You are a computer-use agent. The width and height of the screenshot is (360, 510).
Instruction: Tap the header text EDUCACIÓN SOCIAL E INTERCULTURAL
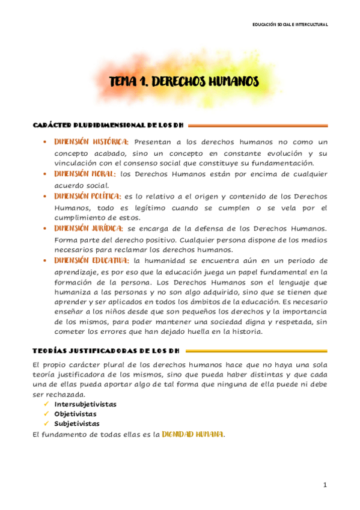coord(290,24)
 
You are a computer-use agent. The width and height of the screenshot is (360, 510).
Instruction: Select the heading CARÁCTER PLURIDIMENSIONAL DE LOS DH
coord(108,126)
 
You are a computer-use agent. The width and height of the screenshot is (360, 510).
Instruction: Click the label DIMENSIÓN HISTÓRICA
coord(91,142)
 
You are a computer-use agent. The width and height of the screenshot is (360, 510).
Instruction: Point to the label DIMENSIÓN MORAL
coord(85,174)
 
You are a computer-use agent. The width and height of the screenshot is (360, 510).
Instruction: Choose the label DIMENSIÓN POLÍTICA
coord(88,196)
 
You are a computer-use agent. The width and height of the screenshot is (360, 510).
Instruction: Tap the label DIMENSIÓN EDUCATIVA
coord(91,260)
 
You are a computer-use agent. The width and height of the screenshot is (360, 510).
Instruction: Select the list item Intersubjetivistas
coord(85,404)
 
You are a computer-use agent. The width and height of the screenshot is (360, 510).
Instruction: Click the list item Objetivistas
coord(75,414)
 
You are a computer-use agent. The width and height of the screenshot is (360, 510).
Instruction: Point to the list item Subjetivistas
coord(76,423)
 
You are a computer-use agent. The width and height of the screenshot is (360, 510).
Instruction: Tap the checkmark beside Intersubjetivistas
coord(46,404)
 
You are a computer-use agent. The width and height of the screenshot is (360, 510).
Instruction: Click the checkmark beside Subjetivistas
coord(46,423)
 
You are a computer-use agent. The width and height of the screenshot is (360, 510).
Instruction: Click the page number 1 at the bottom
coord(325,485)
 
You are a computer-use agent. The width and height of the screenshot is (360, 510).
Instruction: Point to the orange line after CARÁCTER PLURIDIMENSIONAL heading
coord(258,126)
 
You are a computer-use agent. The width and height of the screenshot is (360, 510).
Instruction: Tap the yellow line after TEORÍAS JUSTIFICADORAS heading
coord(258,351)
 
